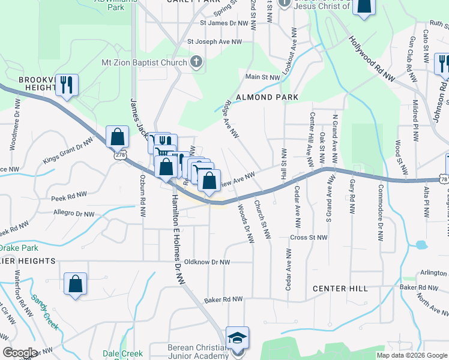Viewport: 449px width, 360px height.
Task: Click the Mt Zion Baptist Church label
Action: click(x=144, y=62)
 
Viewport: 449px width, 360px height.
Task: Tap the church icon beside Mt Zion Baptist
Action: click(x=196, y=62)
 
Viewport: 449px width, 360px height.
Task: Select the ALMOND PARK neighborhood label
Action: click(x=267, y=97)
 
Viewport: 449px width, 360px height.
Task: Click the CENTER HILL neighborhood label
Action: click(x=340, y=289)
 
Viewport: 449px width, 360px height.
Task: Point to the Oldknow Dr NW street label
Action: click(x=207, y=262)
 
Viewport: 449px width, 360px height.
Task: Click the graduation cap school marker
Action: click(x=237, y=338)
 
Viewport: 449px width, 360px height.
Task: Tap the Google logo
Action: click(x=20, y=353)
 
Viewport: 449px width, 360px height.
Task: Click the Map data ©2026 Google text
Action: click(x=411, y=355)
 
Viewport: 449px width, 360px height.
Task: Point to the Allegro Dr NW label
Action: click(x=74, y=214)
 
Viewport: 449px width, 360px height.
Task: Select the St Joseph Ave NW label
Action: click(x=214, y=42)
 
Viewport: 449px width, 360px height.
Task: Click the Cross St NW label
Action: click(x=309, y=238)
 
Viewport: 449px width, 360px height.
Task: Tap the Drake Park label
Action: click(x=19, y=247)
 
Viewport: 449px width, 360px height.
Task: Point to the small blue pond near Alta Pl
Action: click(x=421, y=245)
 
